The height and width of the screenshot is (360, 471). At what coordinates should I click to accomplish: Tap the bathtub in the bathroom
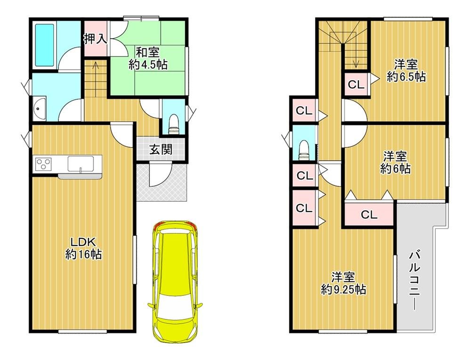click(x=45, y=45)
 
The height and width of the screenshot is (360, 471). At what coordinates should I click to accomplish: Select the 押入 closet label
click(x=95, y=39)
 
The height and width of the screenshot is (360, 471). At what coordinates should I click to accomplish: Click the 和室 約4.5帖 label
click(x=148, y=58)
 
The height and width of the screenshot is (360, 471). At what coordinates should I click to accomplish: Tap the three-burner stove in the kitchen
click(x=43, y=164)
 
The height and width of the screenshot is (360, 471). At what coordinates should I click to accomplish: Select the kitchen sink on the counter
click(x=81, y=164)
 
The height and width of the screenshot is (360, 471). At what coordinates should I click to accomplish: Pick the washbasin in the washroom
click(x=39, y=108)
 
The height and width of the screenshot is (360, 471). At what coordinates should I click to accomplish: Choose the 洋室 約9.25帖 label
click(x=343, y=283)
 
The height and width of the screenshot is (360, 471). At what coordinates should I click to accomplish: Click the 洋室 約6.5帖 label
click(x=406, y=71)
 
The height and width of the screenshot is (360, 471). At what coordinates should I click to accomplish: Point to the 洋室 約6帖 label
click(x=395, y=163)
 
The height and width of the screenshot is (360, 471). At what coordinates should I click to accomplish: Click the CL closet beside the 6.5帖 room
click(x=356, y=84)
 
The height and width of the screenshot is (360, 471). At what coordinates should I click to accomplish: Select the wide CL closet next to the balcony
click(x=369, y=214)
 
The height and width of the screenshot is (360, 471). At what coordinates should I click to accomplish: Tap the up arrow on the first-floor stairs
click(x=95, y=79)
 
